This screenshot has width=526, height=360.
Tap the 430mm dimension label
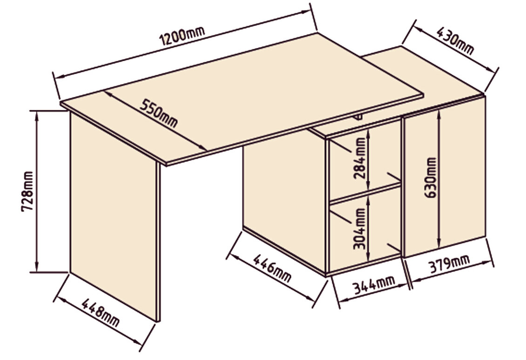click(455, 41)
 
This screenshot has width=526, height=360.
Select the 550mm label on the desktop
click(158, 113)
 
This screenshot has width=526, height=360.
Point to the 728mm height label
click(27, 191)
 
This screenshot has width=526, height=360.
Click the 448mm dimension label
click(100, 313)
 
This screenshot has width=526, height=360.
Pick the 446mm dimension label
click(272, 268)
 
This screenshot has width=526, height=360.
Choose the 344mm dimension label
click(373, 285)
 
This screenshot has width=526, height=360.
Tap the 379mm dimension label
click(449, 264)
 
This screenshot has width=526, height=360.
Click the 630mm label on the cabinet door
click(431, 178)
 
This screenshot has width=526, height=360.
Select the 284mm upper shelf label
click(360, 159)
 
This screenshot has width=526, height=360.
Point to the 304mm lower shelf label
click(359, 229)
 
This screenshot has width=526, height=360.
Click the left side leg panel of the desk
click(113, 215)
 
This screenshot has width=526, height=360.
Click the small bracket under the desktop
click(357, 117)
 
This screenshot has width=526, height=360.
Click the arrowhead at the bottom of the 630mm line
click(438, 244)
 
